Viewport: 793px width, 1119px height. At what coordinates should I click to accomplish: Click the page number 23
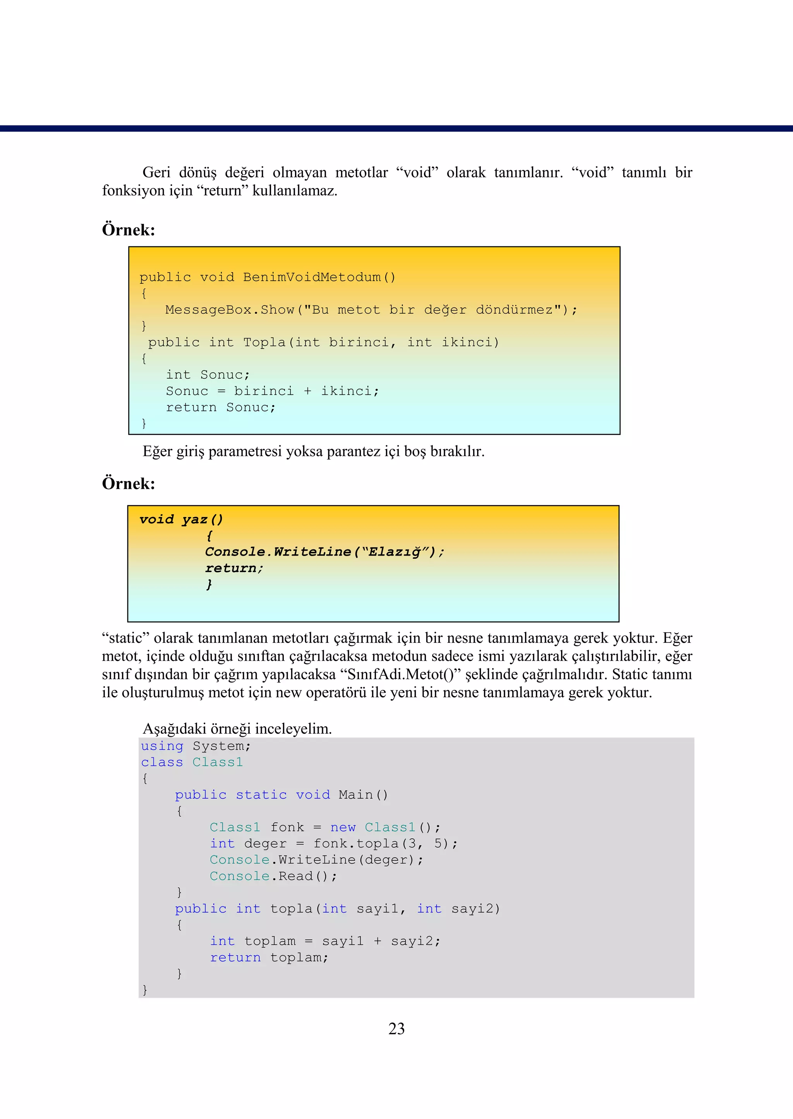pos(396,1029)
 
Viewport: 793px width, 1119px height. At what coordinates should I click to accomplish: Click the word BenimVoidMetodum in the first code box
pos(312,277)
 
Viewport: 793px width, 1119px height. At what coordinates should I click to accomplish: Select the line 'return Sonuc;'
pos(221,408)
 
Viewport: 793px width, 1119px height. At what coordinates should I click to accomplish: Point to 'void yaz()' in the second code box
pos(181,520)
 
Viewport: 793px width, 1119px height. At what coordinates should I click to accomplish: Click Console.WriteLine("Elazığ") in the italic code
pos(324,552)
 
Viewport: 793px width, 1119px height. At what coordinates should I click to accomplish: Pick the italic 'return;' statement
pos(234,568)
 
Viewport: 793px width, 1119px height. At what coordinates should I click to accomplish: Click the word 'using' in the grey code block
pos(162,747)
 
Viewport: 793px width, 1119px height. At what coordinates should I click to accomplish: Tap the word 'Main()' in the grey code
pos(363,795)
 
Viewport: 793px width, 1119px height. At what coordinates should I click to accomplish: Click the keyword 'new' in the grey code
pos(343,827)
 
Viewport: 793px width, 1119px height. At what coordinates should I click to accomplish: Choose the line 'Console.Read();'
pos(273,876)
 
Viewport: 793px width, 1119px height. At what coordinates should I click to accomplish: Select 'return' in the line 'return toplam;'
pos(235,958)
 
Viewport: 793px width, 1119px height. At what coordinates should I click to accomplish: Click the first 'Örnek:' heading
pos(129,230)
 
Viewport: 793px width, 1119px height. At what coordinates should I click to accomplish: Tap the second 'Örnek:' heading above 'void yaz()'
pos(129,483)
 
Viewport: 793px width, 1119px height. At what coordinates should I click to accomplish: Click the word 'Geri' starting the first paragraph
pos(156,172)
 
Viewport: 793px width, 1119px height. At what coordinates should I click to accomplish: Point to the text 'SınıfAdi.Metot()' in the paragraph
pos(401,674)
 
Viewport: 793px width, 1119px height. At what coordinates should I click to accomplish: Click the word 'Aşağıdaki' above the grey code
pos(174,729)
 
